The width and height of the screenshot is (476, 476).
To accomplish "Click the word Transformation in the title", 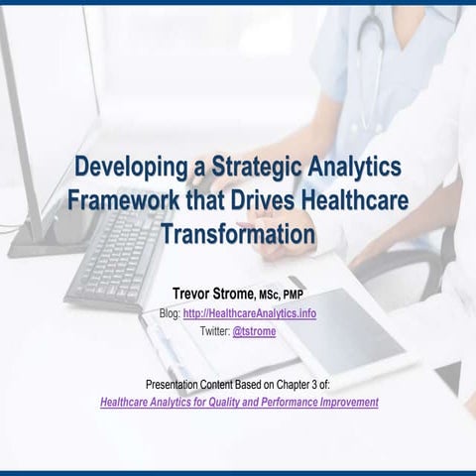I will coord(238,235).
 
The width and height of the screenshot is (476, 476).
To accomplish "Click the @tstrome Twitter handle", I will coord(254,331).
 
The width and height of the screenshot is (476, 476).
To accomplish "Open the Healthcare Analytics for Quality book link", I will coord(239,403).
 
